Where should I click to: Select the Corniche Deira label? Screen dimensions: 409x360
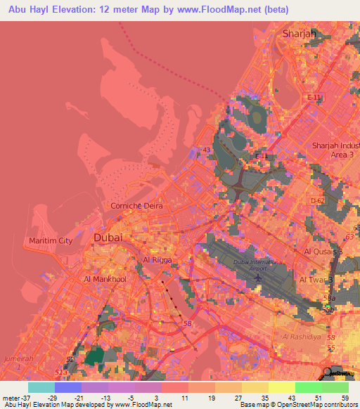(x=136, y=205)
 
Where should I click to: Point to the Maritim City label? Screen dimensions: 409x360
(x=51, y=240)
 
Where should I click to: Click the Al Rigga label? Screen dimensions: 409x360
(x=157, y=259)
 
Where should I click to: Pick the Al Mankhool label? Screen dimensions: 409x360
(x=104, y=279)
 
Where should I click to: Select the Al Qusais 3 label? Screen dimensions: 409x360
(x=323, y=251)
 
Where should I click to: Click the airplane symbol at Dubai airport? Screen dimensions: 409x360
(x=258, y=278)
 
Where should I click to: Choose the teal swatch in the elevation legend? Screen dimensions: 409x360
(x=41, y=387)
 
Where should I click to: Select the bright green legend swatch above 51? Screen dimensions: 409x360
(x=308, y=387)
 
